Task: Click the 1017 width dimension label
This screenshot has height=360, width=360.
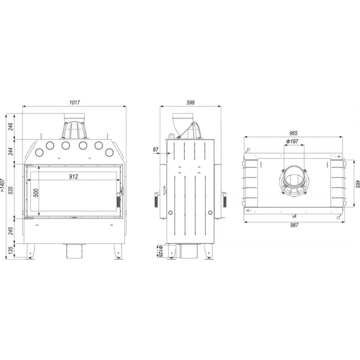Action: coord(75,102)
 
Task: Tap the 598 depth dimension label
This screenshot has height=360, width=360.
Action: coord(190,102)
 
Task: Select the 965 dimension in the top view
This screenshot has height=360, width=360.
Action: coord(293,133)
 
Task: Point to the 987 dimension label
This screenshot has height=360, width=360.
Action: coord(294,225)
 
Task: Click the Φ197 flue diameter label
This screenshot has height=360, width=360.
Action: coord(292,142)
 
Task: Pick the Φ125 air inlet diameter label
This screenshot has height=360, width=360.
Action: coord(160,252)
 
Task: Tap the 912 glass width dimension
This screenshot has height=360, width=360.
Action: coord(74,176)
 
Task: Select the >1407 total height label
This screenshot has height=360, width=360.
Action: coord(2,185)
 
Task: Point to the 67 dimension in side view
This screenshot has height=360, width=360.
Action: coord(156,150)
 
